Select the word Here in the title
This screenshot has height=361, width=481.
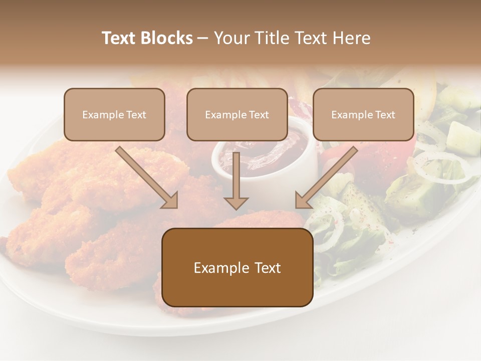(352, 38)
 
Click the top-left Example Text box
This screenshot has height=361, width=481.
(114, 115)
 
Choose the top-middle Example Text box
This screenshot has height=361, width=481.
(237, 115)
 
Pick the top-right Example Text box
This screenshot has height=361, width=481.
(363, 115)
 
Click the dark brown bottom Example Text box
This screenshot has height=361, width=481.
(237, 268)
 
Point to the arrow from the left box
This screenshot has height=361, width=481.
(147, 177)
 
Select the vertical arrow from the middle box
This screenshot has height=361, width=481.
(236, 180)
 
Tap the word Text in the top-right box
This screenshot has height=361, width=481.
(385, 115)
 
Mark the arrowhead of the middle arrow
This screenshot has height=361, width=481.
(236, 203)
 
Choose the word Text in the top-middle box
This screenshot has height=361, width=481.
(259, 115)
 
